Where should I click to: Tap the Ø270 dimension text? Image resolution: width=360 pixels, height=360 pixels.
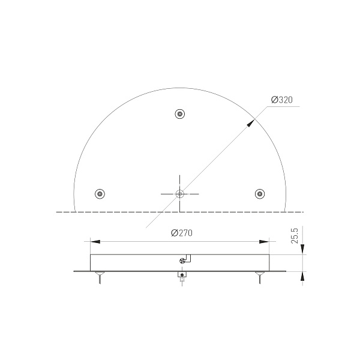pos(181,233)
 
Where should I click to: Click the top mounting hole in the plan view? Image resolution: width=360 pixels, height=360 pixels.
pos(179,114)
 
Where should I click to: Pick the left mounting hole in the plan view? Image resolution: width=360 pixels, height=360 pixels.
pos(100,193)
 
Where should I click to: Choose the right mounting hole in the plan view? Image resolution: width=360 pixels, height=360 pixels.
pos(259,193)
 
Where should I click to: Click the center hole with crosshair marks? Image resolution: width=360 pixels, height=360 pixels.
pos(179,193)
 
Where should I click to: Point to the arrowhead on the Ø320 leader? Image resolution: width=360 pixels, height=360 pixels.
pos(250,121)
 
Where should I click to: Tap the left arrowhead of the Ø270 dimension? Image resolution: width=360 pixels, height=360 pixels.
pos(94,242)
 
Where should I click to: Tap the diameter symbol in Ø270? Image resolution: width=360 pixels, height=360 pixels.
pos(173,233)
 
